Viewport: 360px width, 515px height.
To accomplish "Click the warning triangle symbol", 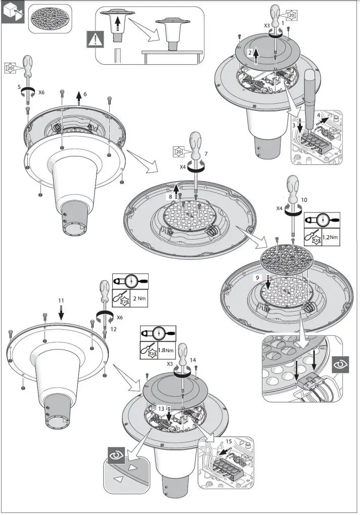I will point(95,39).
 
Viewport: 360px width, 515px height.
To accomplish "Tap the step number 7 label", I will point(206,153).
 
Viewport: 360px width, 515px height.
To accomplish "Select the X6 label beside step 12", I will point(120,317).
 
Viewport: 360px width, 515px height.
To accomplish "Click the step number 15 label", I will point(229,441).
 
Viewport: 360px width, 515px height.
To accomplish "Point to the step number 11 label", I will point(61,301).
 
